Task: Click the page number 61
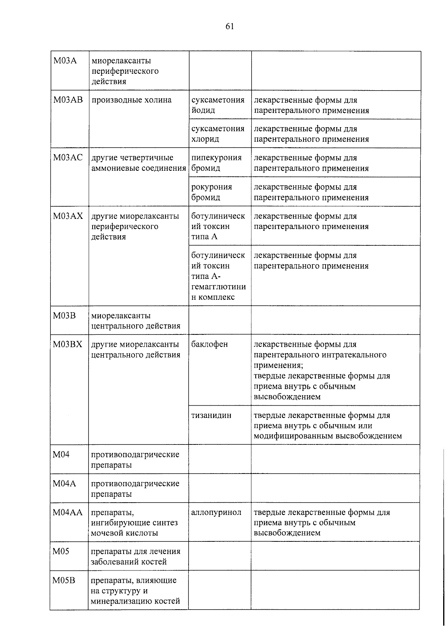click(x=229, y=26)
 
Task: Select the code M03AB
click(x=68, y=100)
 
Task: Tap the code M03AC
click(x=68, y=157)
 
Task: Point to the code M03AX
click(x=68, y=216)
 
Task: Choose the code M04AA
click(x=67, y=512)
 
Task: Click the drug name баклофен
click(x=209, y=344)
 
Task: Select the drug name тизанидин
click(x=211, y=415)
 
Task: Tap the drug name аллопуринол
click(x=216, y=512)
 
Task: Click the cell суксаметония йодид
click(x=218, y=105)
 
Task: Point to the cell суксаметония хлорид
click(x=218, y=134)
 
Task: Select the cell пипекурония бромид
click(x=217, y=163)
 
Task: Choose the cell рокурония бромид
click(x=212, y=192)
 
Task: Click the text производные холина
click(x=131, y=100)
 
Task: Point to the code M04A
click(x=64, y=484)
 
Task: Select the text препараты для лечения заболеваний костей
click(x=136, y=556)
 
